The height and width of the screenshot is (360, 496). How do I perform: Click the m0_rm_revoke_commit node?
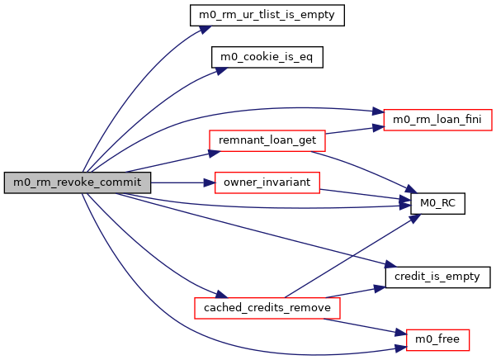click(78, 182)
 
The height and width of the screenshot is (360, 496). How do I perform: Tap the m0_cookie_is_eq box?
click(266, 57)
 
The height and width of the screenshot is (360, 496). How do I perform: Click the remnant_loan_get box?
click(267, 140)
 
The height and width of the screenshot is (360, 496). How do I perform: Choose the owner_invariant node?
click(267, 182)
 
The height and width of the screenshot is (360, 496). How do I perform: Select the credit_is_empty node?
click(438, 276)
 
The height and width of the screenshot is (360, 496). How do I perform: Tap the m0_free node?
click(438, 339)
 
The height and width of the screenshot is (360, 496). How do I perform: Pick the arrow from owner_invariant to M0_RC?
click(363, 193)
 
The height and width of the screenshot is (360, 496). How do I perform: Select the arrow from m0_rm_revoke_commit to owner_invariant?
click(182, 182)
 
